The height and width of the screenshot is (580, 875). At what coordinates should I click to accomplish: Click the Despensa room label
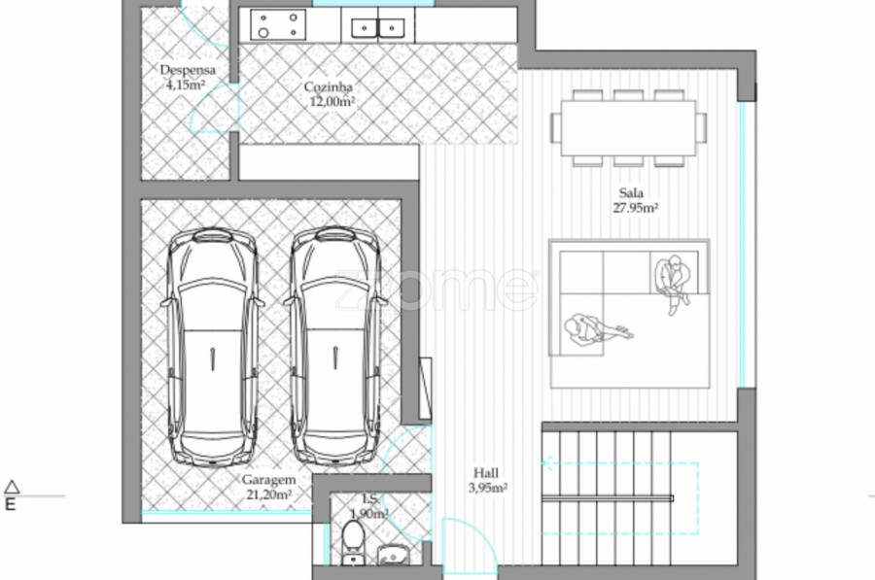188,70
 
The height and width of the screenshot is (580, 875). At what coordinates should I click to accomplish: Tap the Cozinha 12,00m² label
330,94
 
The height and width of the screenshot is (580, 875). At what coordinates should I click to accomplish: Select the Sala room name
631,193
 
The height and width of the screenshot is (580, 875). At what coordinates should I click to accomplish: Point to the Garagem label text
268,480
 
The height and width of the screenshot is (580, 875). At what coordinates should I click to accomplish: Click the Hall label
485,473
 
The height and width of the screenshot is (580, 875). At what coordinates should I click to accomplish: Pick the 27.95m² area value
636,208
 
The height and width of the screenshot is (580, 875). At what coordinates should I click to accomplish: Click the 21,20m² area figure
269,495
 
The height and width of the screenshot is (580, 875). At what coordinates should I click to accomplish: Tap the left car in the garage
213,347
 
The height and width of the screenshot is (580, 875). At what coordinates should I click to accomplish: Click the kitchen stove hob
278,25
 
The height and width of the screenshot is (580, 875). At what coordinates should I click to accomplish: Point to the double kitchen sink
378,27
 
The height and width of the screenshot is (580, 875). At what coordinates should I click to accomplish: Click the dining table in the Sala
628,128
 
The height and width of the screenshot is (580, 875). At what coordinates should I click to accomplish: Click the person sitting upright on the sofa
674,283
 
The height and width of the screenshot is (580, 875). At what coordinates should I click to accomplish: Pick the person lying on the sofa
598,329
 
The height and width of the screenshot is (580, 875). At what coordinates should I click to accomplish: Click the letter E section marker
10,505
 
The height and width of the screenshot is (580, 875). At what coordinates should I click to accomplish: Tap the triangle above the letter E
12,487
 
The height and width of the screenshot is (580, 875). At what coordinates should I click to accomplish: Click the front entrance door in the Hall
469,544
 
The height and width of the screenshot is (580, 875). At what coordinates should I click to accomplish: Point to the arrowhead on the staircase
546,462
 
